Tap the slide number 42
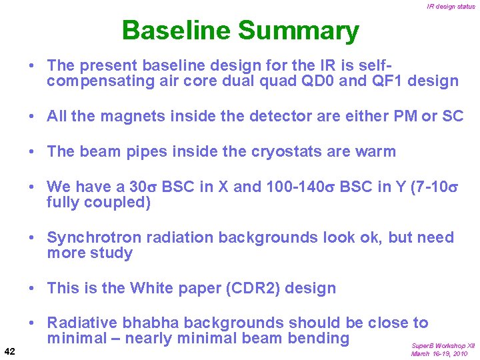tap(11, 351)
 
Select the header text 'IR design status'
tap(451, 7)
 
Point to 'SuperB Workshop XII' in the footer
tap(443, 346)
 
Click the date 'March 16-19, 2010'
tap(439, 354)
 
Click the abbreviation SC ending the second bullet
tap(452, 116)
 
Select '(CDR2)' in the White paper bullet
tap(257, 288)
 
